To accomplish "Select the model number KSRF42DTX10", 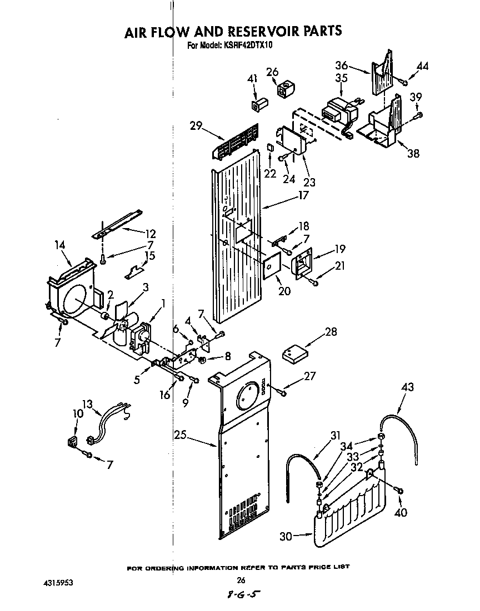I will (243, 47).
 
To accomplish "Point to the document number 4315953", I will (58, 583).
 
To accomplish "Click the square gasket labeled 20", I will (271, 266).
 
